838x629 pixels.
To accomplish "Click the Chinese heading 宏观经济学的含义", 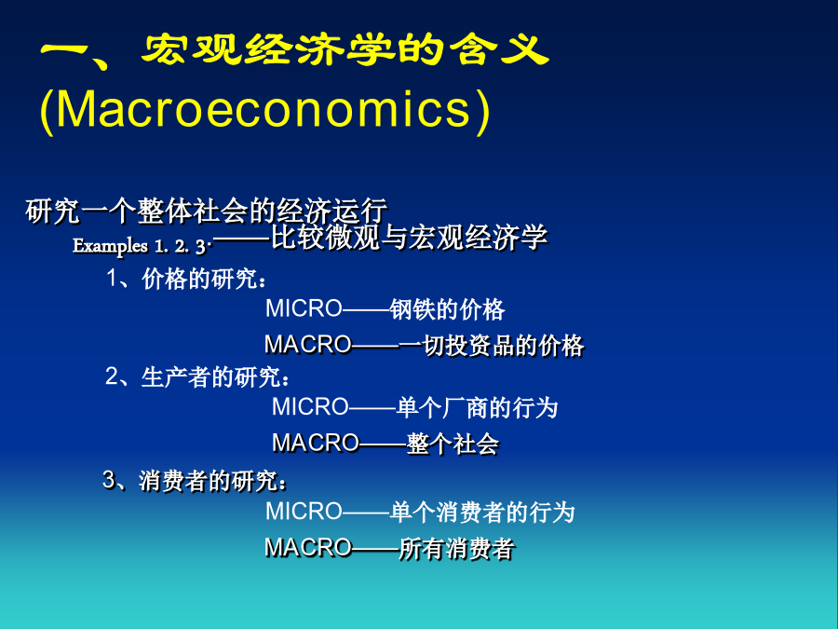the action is (345, 50).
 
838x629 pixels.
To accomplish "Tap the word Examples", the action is (110, 246).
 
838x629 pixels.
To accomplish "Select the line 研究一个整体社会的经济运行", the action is (207, 211).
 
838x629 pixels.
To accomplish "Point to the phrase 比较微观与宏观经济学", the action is (410, 237).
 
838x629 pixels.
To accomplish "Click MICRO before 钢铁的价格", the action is (304, 308).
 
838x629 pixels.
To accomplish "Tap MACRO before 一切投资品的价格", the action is (308, 345).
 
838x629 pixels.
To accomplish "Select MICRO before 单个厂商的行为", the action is (310, 407).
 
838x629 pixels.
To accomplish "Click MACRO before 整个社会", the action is (316, 443).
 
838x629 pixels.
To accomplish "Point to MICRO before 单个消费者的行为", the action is (304, 512).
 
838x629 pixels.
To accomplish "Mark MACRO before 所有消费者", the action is (308, 548).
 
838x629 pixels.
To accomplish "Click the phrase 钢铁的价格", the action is (447, 309).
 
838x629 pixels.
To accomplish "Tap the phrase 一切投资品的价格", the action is (491, 346).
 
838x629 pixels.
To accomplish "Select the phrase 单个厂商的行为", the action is (477, 408).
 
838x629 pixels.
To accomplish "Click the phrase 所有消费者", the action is (456, 549).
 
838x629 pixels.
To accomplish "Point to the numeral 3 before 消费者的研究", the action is (109, 479).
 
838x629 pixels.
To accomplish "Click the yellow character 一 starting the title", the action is (64, 51).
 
